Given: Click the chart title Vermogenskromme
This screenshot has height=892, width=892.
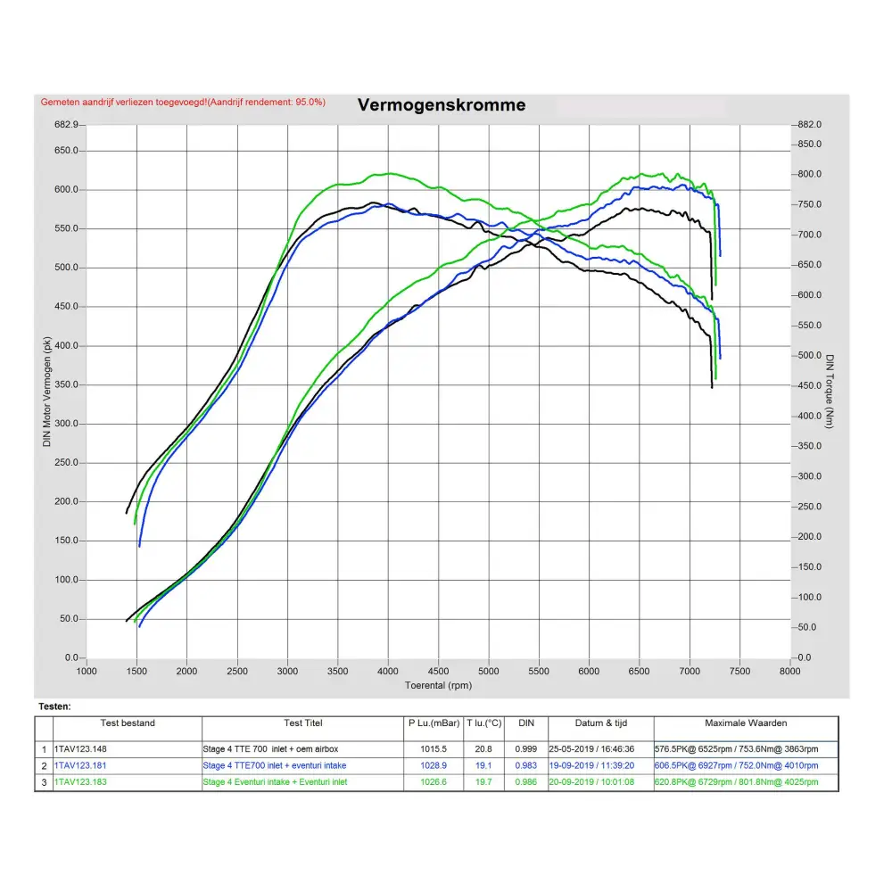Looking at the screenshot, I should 442,105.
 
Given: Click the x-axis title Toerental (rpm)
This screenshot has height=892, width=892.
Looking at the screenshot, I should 438,686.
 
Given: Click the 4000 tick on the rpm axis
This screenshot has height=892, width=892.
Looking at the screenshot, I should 388,672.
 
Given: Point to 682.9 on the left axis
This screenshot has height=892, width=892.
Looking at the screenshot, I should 67,125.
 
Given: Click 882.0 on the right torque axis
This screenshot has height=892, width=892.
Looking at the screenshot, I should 810,125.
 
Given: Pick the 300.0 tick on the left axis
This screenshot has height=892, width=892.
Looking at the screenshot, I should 67,424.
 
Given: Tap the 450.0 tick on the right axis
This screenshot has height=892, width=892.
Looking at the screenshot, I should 810,386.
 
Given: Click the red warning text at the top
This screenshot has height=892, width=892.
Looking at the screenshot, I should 183,103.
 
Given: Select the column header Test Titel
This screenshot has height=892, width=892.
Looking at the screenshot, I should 303,723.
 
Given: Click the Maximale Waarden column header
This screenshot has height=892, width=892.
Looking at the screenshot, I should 746,723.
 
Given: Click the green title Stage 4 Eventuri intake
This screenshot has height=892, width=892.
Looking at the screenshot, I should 275,782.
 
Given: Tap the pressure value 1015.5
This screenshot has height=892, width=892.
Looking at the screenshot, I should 432,749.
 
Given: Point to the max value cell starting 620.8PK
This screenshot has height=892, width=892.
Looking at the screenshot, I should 736,782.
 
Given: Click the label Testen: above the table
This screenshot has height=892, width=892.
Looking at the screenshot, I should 54,706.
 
